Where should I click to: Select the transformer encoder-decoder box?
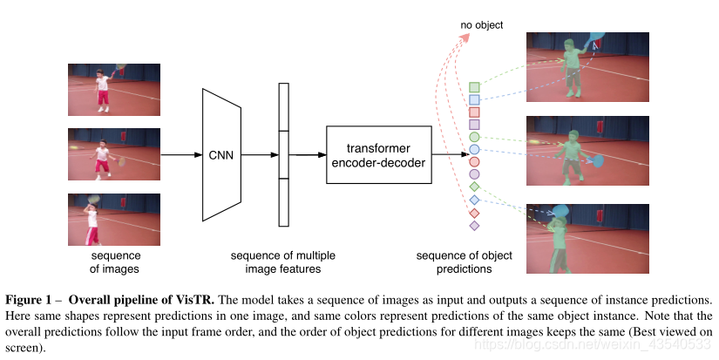coord(378,154)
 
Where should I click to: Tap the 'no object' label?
coord(481,25)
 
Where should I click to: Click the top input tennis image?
coord(114,89)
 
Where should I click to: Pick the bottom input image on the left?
coord(114,220)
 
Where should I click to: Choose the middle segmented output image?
coord(587,150)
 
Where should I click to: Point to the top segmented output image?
coord(587,65)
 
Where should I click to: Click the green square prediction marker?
coord(474,87)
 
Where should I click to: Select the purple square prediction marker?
coord(474,125)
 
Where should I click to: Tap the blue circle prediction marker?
coord(474,150)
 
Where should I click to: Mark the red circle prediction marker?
coord(474,162)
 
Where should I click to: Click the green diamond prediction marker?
coord(474,187)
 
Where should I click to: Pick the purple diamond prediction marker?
coord(474,226)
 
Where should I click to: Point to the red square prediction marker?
coord(474,112)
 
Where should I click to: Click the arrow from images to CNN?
coord(180,155)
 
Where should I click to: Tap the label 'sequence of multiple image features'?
coord(282,262)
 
